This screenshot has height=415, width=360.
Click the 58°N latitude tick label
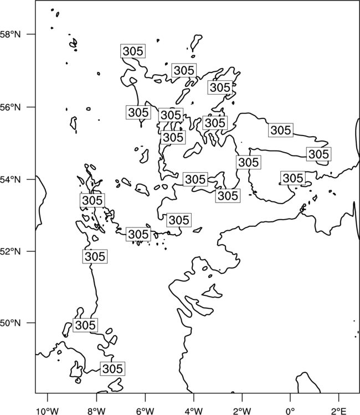11,34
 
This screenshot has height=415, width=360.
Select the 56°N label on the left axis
11,107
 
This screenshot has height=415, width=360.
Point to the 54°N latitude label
11,179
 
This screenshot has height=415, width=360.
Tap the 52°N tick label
11,251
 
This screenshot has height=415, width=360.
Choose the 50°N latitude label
11,323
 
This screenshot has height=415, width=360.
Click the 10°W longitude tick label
48,411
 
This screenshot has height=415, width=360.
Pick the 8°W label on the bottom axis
96,411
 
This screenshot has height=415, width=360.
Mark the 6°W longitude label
145,411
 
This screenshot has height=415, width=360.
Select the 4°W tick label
194,411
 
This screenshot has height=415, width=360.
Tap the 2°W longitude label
242,411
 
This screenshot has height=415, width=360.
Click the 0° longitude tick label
291,411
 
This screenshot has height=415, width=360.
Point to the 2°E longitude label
339,411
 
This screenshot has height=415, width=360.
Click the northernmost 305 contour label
133,51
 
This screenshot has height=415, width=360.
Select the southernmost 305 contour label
112,369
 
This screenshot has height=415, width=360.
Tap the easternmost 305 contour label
318,154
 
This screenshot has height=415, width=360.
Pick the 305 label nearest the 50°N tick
85,325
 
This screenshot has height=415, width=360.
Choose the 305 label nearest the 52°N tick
95,256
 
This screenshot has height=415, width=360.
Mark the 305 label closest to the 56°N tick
138,112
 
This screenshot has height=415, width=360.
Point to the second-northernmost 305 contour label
184,70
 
